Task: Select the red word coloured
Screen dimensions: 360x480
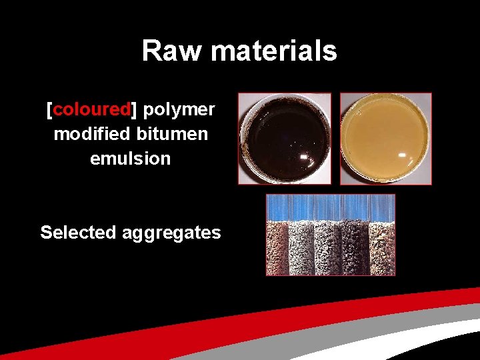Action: pyautogui.click(x=92, y=109)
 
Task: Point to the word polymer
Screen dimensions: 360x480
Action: pyautogui.click(x=179, y=109)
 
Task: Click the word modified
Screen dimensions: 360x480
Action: pyautogui.click(x=92, y=134)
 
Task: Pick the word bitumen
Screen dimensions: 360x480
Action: pyautogui.click(x=173, y=134)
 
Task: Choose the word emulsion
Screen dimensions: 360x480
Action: pyautogui.click(x=131, y=159)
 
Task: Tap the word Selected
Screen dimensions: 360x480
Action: pyautogui.click(x=78, y=233)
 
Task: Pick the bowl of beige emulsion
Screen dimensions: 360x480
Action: pyautogui.click(x=386, y=138)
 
